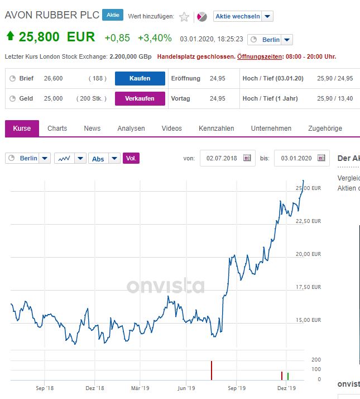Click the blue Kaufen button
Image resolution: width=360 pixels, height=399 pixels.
(140, 78)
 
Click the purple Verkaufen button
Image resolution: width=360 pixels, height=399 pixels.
(140, 98)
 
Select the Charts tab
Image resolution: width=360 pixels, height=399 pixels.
(57, 129)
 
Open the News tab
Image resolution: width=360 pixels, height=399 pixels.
(92, 129)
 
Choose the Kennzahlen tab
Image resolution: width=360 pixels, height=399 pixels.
(216, 129)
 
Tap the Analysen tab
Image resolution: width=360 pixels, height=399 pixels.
(131, 129)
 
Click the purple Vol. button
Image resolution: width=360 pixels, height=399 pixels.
(131, 159)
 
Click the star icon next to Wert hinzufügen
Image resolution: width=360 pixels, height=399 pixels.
(184, 17)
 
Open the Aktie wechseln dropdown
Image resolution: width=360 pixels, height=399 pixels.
(243, 17)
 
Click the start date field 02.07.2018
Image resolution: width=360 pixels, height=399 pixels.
(222, 158)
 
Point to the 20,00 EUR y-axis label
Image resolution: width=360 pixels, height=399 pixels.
(308, 254)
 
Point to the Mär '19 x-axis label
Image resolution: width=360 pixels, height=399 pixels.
(140, 387)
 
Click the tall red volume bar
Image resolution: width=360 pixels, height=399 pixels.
(212, 370)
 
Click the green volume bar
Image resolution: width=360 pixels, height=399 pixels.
(287, 376)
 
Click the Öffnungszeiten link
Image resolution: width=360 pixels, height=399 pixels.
(260, 56)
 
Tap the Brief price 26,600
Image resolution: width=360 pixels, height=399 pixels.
(53, 78)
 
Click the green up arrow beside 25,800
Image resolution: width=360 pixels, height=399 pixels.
(10, 37)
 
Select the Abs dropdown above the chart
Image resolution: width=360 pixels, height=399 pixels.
(104, 159)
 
